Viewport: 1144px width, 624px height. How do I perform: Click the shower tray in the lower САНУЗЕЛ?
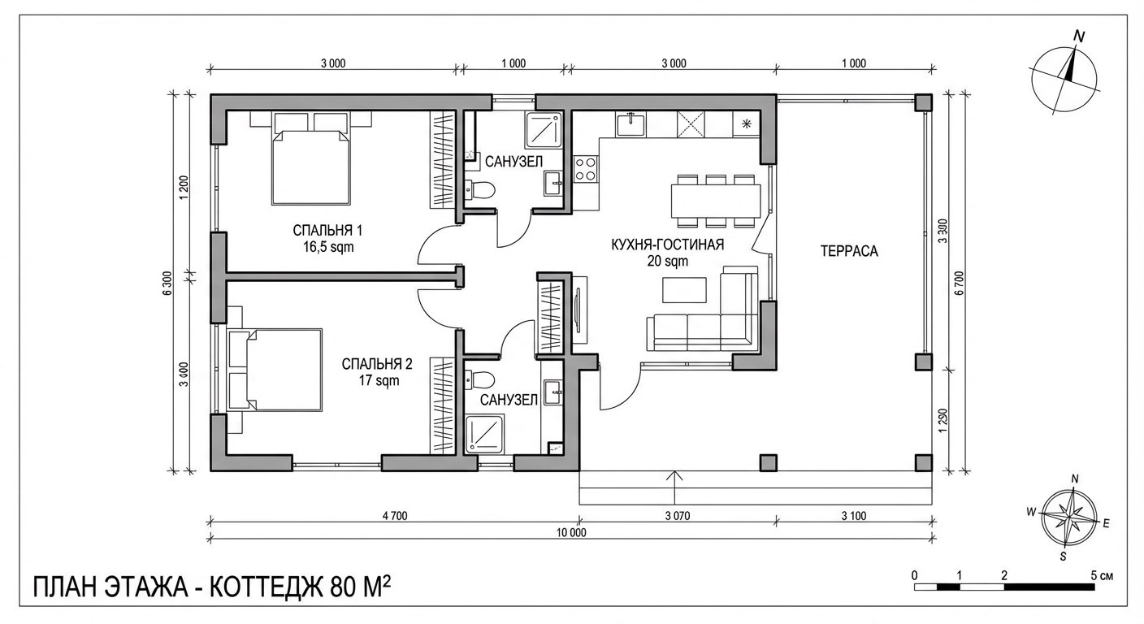pyautogui.click(x=485, y=434)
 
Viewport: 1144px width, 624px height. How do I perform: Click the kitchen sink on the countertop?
pyautogui.click(x=630, y=125)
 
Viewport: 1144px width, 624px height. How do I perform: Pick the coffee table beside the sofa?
pyautogui.click(x=686, y=290)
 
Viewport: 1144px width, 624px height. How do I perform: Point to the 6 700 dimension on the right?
pyautogui.click(x=960, y=280)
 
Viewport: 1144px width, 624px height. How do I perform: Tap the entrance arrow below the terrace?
pyautogui.click(x=674, y=479)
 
